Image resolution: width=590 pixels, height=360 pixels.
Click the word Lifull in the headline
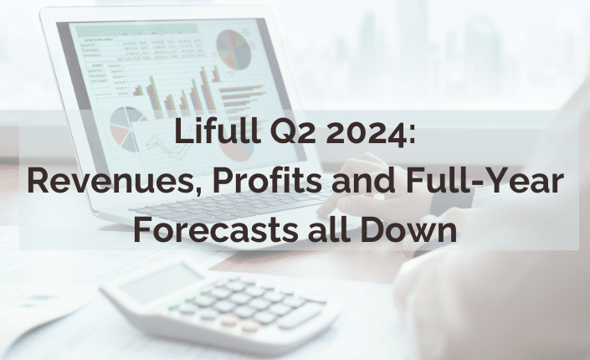tap(218, 131)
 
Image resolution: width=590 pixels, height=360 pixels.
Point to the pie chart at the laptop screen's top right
tap(233, 50)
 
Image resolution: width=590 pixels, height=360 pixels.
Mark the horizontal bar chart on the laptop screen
tap(242, 98)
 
